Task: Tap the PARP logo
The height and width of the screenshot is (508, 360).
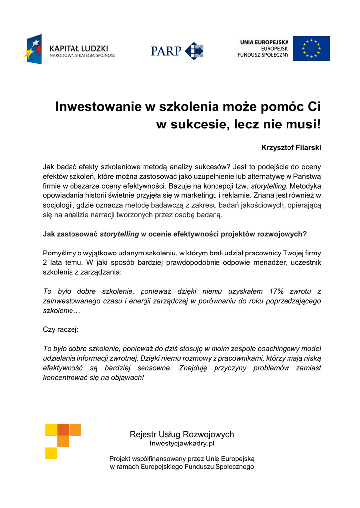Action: tap(177, 50)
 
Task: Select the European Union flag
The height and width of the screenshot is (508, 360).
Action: tap(311, 48)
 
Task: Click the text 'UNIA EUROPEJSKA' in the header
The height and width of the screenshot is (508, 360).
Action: tap(265, 41)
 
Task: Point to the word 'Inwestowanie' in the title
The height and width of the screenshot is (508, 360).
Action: tap(94, 107)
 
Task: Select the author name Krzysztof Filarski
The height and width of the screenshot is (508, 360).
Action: tap(291, 147)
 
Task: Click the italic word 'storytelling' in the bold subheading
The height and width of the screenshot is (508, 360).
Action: tap(119, 234)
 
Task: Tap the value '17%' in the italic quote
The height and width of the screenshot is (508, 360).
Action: tap(276, 291)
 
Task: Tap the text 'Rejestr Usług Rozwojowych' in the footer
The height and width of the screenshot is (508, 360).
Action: tap(182, 435)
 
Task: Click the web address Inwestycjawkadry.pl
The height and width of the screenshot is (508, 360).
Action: tap(182, 444)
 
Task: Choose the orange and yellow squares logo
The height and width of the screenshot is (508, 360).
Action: tap(63, 441)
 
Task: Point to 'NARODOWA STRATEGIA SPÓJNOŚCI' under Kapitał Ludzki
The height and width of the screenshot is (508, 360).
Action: tap(83, 56)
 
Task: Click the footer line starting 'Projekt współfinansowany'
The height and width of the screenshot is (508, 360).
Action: tap(182, 459)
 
